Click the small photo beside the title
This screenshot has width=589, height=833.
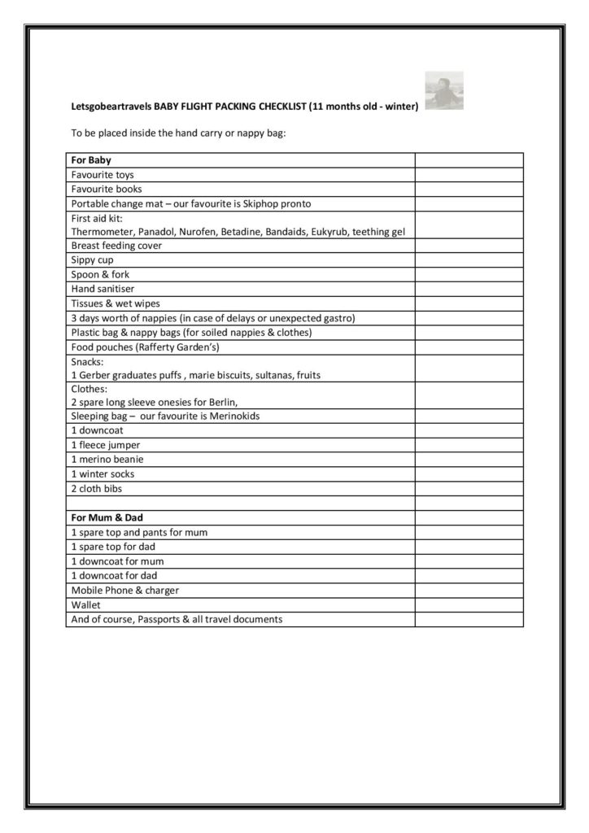coord(444,91)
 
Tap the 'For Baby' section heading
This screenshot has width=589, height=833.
coord(91,160)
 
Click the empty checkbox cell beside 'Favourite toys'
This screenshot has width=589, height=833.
coord(469,175)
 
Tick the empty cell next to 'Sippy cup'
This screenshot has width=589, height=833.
coord(469,260)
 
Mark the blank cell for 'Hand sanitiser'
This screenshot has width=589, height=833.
coord(469,289)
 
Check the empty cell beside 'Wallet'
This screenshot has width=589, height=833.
coord(469,604)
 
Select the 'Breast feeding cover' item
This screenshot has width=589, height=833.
coord(116,246)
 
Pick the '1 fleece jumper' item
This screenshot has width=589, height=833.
coord(106,445)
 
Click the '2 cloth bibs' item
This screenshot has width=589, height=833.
coord(96,489)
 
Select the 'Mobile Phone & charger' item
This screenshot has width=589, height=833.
coord(125,590)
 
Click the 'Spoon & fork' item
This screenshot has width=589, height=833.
coord(100,275)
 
